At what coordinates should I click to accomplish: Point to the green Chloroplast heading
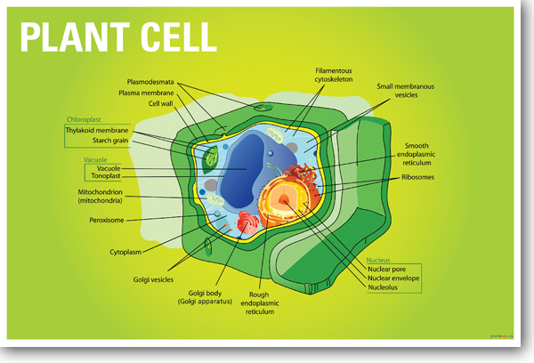tap(83, 119)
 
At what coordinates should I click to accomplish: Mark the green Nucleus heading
tap(380, 260)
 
